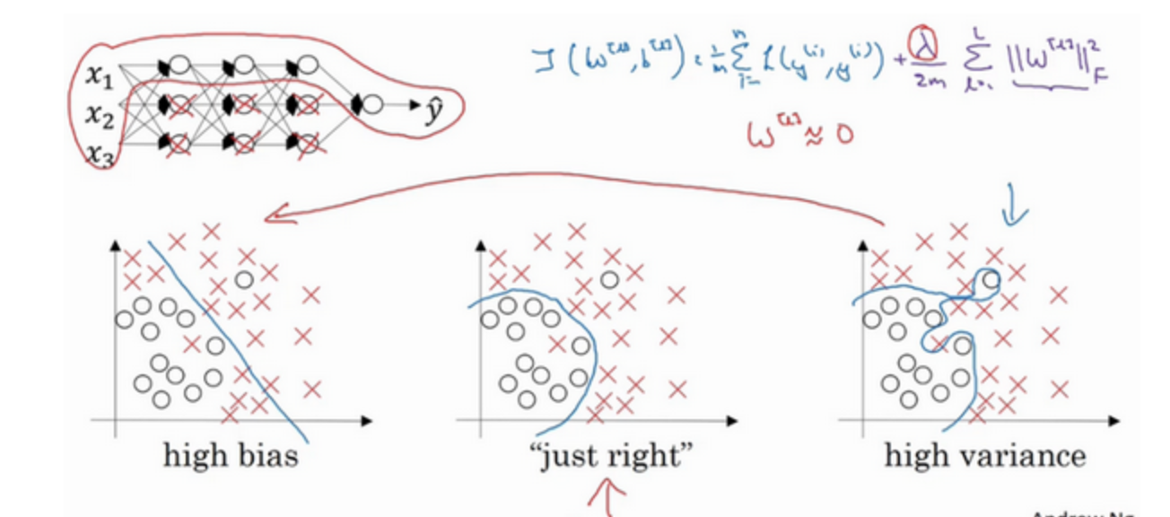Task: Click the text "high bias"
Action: click(230, 456)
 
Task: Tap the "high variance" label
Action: click(984, 456)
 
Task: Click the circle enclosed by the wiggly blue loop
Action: click(990, 280)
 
